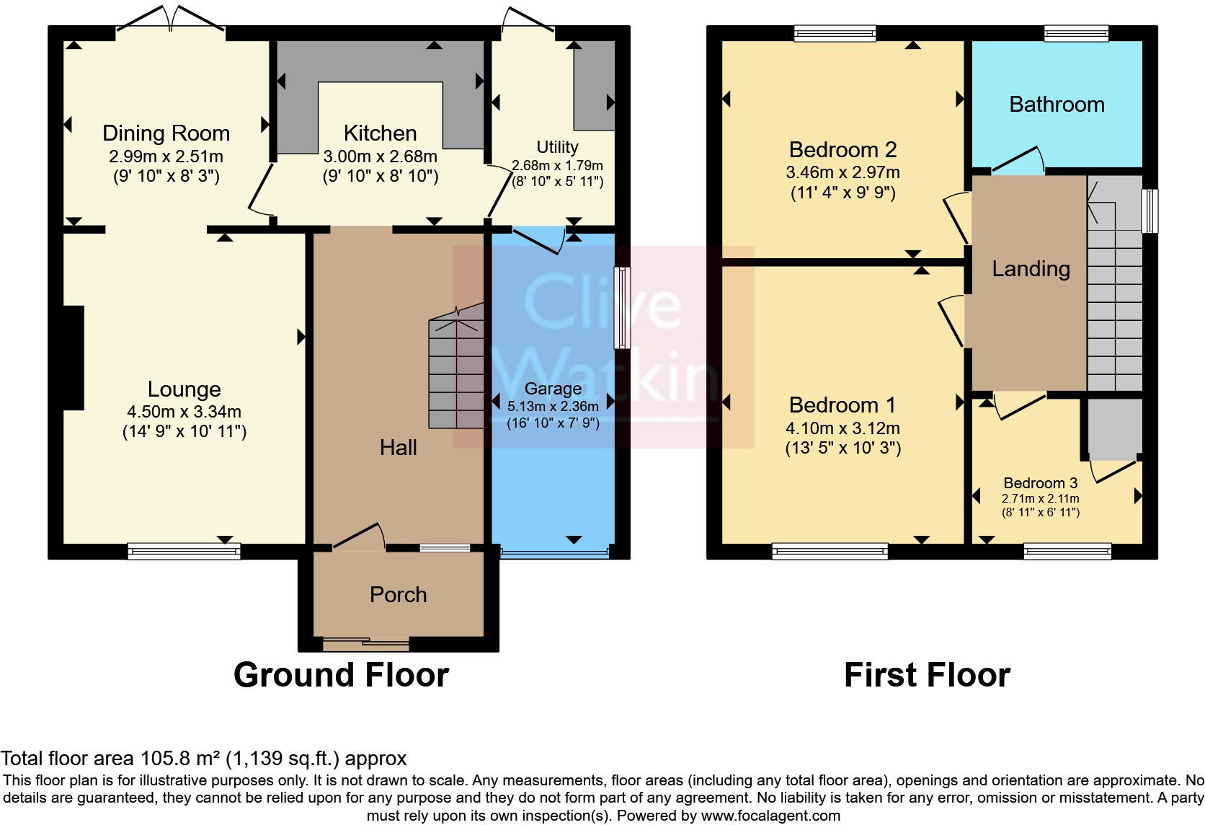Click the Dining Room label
point(166,133)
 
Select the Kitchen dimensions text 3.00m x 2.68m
point(380,156)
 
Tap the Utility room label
point(557,147)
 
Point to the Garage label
point(553,389)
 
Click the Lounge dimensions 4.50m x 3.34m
point(184,412)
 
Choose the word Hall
point(398,448)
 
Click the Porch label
point(398,595)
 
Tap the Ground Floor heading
point(341,676)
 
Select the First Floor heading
point(927,676)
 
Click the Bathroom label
point(1057,105)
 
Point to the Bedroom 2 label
point(842,150)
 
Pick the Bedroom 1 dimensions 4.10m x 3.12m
point(842,428)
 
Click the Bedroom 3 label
point(1040,483)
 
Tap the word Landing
point(1031,269)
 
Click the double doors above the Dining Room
point(171,20)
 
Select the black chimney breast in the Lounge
point(74,358)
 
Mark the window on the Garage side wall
point(621,308)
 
